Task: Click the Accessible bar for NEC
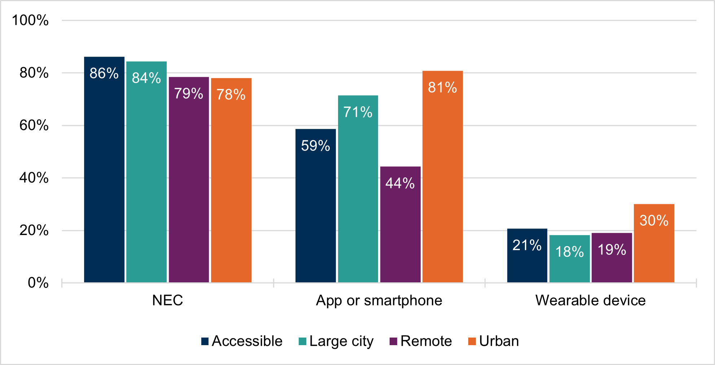tap(104, 170)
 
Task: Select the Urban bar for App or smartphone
tap(442, 177)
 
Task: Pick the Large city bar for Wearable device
tap(569, 259)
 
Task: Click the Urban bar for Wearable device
tap(654, 243)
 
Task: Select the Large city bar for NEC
tap(146, 172)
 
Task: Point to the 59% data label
tap(315, 146)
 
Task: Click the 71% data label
tap(358, 112)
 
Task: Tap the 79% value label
tap(188, 94)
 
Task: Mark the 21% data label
tap(527, 245)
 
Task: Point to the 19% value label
tap(611, 250)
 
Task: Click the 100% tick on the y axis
tap(30, 20)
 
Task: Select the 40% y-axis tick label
tap(34, 178)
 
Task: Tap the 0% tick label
tap(38, 283)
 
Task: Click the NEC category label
tap(167, 300)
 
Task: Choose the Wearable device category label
tap(590, 300)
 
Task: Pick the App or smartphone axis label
tap(379, 300)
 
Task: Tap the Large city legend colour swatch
tap(303, 341)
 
